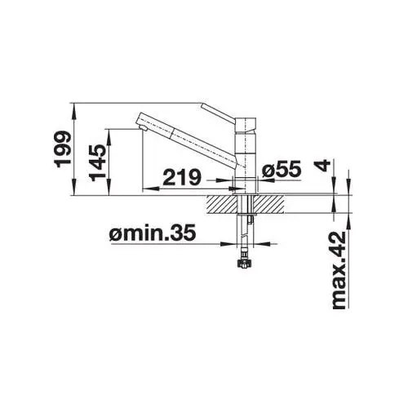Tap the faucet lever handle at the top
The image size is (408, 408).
(222, 111)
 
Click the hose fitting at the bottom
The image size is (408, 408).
(242, 264)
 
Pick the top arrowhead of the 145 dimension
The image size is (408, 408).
(107, 130)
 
